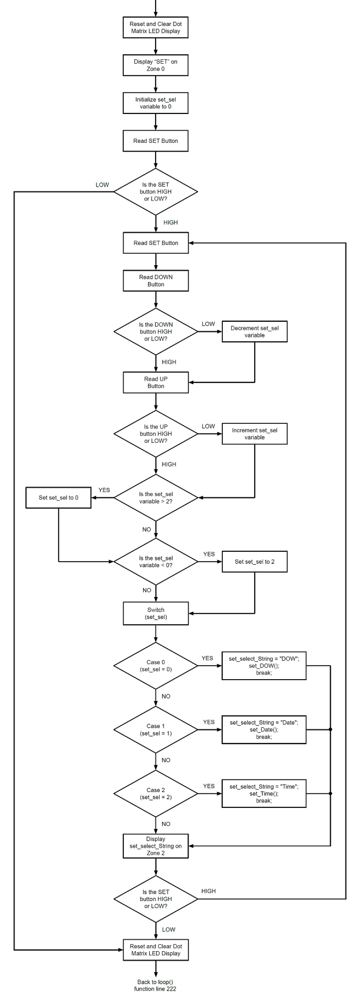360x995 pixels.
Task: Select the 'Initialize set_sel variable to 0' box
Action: click(155, 103)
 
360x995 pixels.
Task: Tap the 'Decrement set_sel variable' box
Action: click(254, 331)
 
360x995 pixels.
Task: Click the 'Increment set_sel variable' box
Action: click(254, 433)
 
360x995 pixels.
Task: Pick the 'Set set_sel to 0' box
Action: click(58, 497)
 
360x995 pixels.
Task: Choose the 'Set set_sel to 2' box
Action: click(254, 562)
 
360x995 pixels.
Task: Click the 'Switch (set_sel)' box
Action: click(156, 613)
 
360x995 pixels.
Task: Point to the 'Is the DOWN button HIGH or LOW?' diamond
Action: click(156, 331)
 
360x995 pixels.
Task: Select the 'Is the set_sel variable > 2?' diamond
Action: click(156, 497)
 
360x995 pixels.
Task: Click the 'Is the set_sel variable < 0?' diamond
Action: click(156, 562)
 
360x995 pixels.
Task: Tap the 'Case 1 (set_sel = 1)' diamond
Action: click(156, 730)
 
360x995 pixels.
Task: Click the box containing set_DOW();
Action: click(264, 665)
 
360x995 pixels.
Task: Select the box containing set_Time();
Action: click(264, 793)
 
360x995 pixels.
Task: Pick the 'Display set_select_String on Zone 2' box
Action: click(156, 846)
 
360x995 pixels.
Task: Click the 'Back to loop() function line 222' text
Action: click(155, 986)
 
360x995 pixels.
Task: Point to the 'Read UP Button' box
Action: click(156, 382)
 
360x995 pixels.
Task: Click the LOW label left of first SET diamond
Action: click(102, 185)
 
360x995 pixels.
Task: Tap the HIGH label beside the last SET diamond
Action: click(208, 891)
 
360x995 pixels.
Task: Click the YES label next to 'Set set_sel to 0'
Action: click(104, 490)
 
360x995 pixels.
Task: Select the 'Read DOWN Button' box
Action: click(156, 280)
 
